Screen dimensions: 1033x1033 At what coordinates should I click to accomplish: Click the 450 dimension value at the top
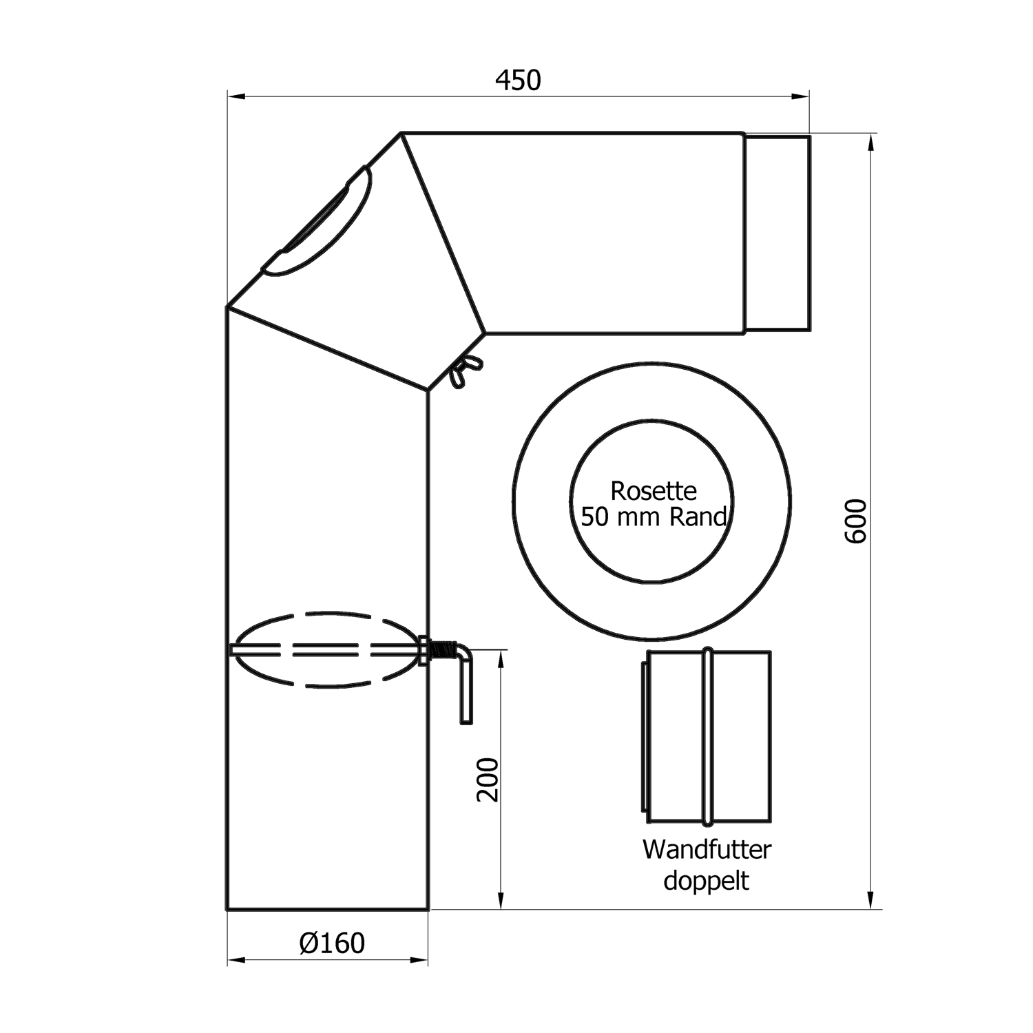pos(518,81)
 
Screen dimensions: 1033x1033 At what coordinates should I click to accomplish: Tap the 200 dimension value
pos(487,779)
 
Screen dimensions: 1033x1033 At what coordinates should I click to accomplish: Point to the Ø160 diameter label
pos(332,943)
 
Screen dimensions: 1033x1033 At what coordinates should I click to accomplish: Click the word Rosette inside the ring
pos(653,491)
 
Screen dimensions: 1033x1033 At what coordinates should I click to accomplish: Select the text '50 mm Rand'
pos(653,516)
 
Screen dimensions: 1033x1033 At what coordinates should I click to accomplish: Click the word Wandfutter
pos(707,849)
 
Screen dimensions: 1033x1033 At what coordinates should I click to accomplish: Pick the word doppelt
pos(706,881)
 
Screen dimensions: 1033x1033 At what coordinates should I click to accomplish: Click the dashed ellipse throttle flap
pos(324,649)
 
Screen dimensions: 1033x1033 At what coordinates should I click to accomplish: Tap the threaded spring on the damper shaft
pos(444,649)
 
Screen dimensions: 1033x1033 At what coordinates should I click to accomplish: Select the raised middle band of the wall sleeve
pos(707,736)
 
